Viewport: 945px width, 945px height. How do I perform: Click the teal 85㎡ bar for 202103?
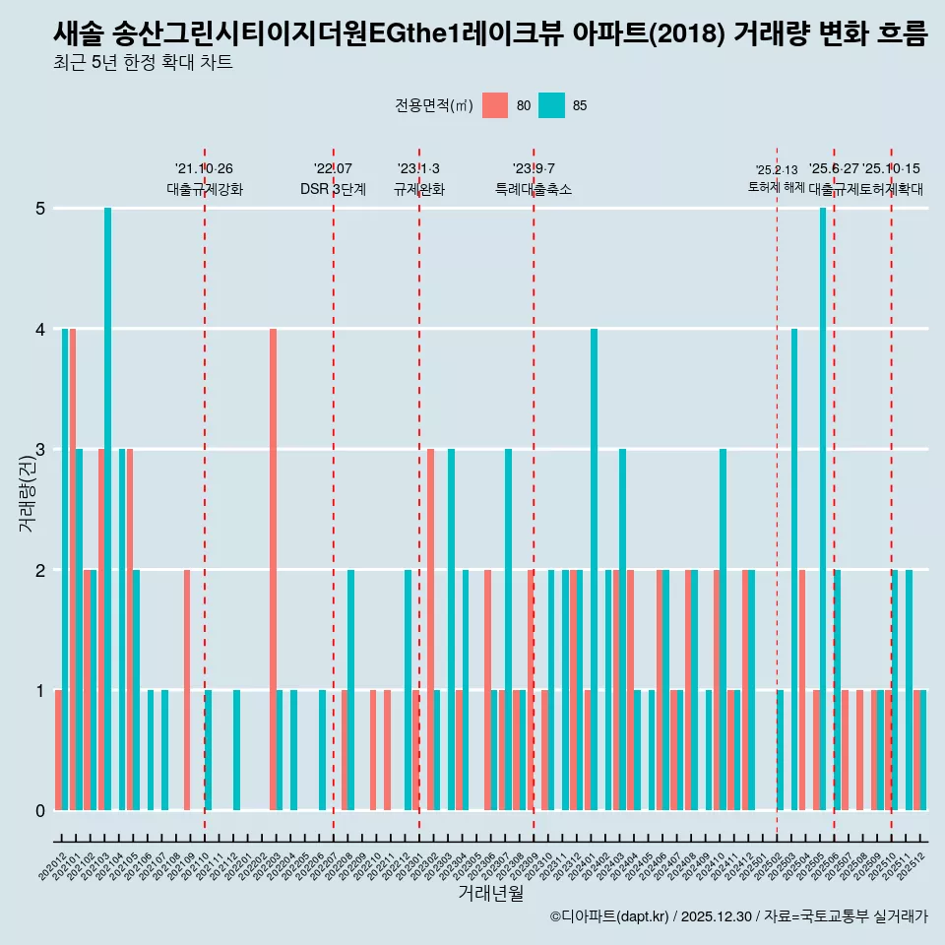pyautogui.click(x=107, y=509)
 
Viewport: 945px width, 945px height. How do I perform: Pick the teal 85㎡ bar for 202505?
pyautogui.click(x=823, y=509)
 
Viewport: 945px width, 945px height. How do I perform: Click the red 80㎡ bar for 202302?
pyautogui.click(x=430, y=630)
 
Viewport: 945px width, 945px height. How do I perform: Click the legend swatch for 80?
pyautogui.click(x=495, y=105)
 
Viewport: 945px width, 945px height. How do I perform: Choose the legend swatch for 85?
pyautogui.click(x=552, y=105)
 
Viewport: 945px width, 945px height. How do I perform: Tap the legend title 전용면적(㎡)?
pyautogui.click(x=434, y=105)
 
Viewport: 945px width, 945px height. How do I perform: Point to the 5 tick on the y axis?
pyautogui.click(x=40, y=209)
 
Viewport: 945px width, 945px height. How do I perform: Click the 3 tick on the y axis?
pyautogui.click(x=40, y=450)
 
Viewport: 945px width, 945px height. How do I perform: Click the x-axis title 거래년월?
pyautogui.click(x=490, y=893)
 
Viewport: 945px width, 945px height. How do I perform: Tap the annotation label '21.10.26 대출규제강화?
pyautogui.click(x=205, y=179)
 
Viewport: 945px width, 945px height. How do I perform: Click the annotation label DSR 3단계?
pyautogui.click(x=333, y=189)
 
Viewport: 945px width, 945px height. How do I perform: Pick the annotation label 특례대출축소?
pyautogui.click(x=534, y=189)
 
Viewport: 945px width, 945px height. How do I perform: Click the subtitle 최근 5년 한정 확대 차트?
pyautogui.click(x=143, y=64)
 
